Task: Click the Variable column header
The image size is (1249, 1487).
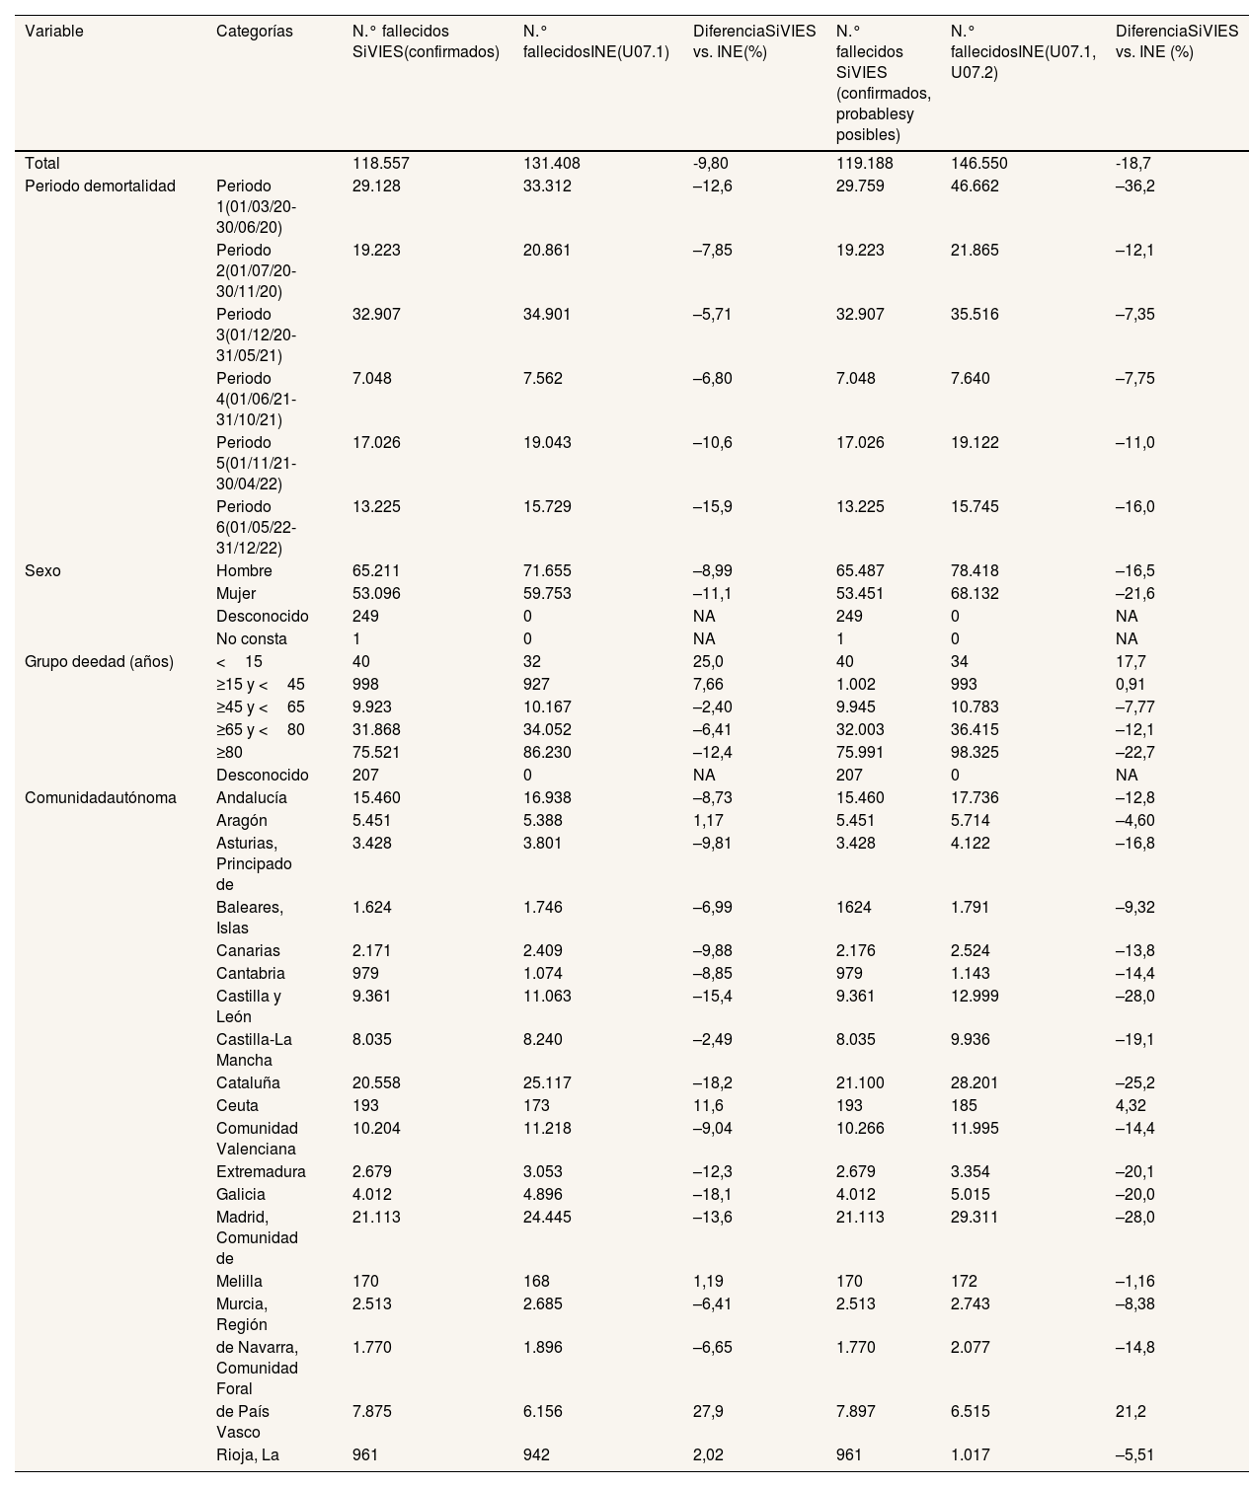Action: (x=54, y=32)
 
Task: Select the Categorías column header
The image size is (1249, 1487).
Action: (x=254, y=32)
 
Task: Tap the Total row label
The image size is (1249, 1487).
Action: (x=42, y=164)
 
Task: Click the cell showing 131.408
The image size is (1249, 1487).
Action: (x=547, y=164)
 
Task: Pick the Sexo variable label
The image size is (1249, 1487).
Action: (x=42, y=571)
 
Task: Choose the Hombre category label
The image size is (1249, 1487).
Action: (x=244, y=571)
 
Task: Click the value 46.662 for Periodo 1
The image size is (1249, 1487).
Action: (x=975, y=186)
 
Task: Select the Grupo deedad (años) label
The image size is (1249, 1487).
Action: (x=99, y=662)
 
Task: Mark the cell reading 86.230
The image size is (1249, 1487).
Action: (x=547, y=753)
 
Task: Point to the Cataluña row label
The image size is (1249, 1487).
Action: (x=248, y=1083)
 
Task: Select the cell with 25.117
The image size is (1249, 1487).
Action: (x=547, y=1083)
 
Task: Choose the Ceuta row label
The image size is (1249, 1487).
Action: (x=237, y=1106)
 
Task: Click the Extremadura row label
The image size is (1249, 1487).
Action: (x=261, y=1172)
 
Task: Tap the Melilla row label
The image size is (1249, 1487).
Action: (x=239, y=1282)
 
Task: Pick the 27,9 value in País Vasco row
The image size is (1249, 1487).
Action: (x=708, y=1412)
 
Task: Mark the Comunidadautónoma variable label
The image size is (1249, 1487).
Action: (x=100, y=798)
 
